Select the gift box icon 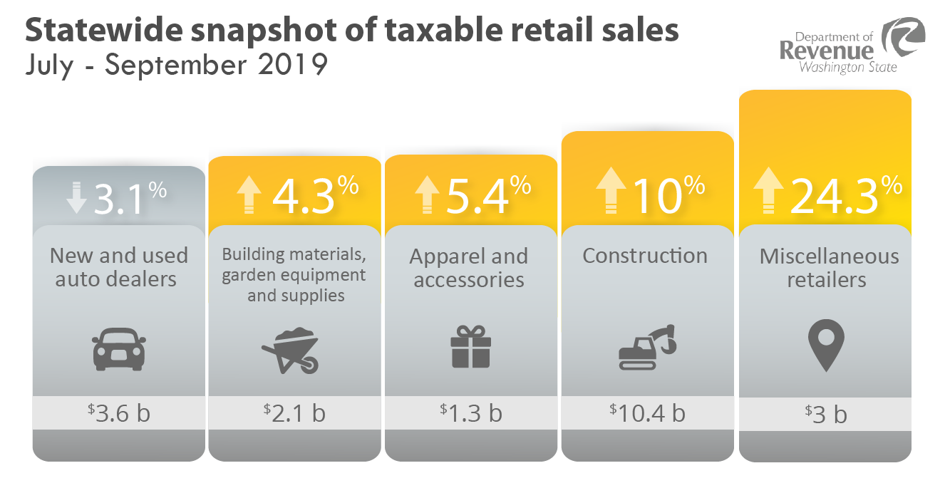pos(470,346)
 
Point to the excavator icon pos(646,347)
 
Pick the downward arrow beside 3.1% pos(76,197)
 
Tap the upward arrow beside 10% pos(611,190)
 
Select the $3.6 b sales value pos(119,412)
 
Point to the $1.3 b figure pos(470,412)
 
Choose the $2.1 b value pos(294,412)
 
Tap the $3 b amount pos(825,413)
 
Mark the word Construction pos(645,256)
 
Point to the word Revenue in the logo pos(825,51)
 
